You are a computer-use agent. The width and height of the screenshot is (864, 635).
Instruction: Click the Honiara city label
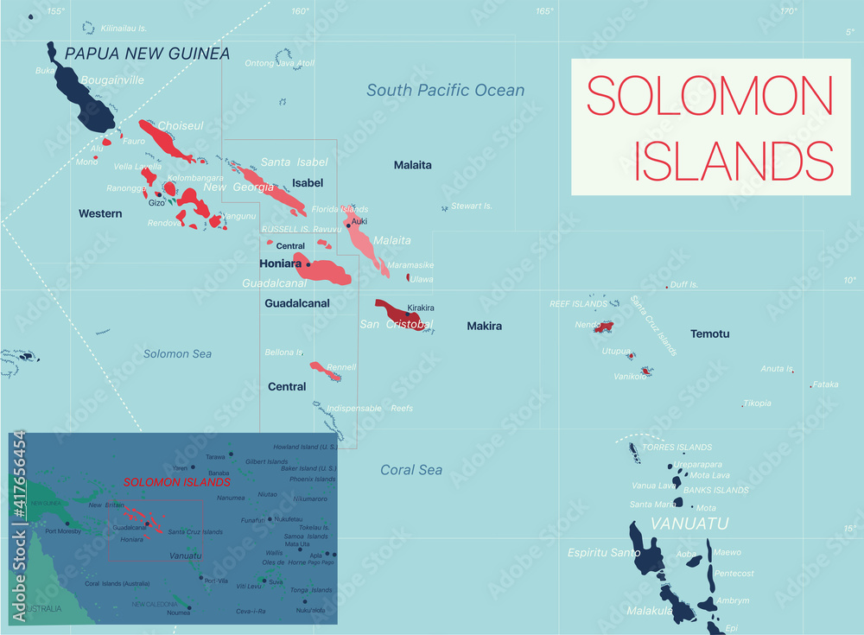(x=280, y=264)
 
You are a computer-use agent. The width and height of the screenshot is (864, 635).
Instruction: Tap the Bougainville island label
(x=111, y=79)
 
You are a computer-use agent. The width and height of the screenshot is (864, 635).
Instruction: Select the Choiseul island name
(x=180, y=126)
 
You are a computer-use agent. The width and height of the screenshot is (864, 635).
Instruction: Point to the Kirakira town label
(x=421, y=308)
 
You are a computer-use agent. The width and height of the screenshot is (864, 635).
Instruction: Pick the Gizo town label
(x=156, y=203)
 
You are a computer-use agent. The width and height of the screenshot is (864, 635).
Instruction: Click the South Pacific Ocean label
(x=445, y=90)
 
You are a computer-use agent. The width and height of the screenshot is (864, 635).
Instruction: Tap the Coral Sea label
(x=411, y=470)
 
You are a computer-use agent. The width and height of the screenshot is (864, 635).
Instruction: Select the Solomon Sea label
(x=177, y=353)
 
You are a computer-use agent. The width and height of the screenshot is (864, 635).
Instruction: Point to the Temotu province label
(x=709, y=333)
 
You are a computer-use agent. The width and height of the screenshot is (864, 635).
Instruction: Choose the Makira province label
(x=484, y=326)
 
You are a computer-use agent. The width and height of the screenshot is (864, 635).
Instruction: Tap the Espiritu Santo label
(x=604, y=552)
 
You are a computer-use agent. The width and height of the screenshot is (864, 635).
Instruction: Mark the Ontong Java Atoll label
(x=280, y=63)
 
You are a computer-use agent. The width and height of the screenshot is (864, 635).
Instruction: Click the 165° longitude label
(x=544, y=11)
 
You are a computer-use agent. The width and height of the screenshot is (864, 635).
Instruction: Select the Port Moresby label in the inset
(x=63, y=531)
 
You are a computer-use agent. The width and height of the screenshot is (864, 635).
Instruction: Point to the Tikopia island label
(x=757, y=403)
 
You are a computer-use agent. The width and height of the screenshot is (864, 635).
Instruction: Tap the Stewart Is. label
(x=472, y=206)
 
